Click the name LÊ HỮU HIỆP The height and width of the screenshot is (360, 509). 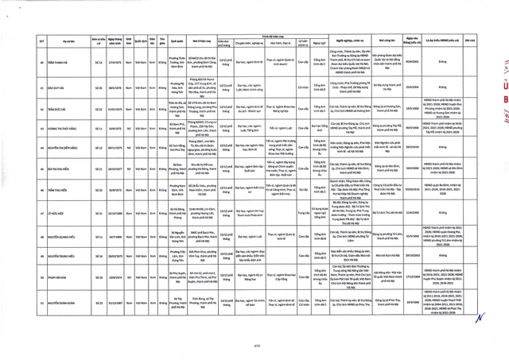tap(44, 235)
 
